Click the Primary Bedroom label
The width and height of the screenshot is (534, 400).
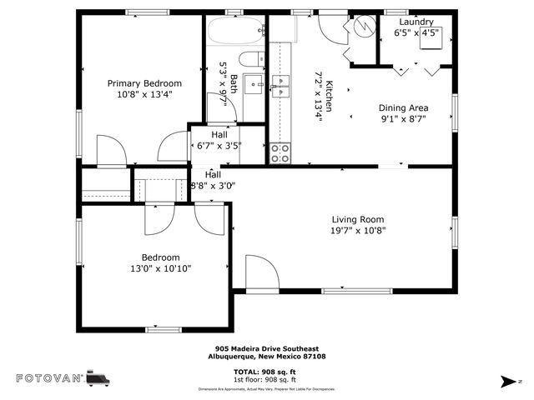[x=144, y=83]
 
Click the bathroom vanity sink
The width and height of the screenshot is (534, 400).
[x=254, y=84]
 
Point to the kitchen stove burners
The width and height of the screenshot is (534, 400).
[x=280, y=153]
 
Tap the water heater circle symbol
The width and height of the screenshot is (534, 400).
[x=364, y=26]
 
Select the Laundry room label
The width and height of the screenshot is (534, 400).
[x=416, y=22]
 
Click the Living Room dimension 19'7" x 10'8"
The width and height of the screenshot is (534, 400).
[x=357, y=231]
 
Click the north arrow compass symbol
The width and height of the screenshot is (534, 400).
[x=507, y=382]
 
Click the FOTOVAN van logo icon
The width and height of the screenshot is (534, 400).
[x=97, y=378]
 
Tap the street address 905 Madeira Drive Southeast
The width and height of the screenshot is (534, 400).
[x=266, y=349]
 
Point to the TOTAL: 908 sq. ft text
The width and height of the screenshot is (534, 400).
[x=266, y=371]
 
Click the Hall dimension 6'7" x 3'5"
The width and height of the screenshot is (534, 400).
[x=219, y=145]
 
